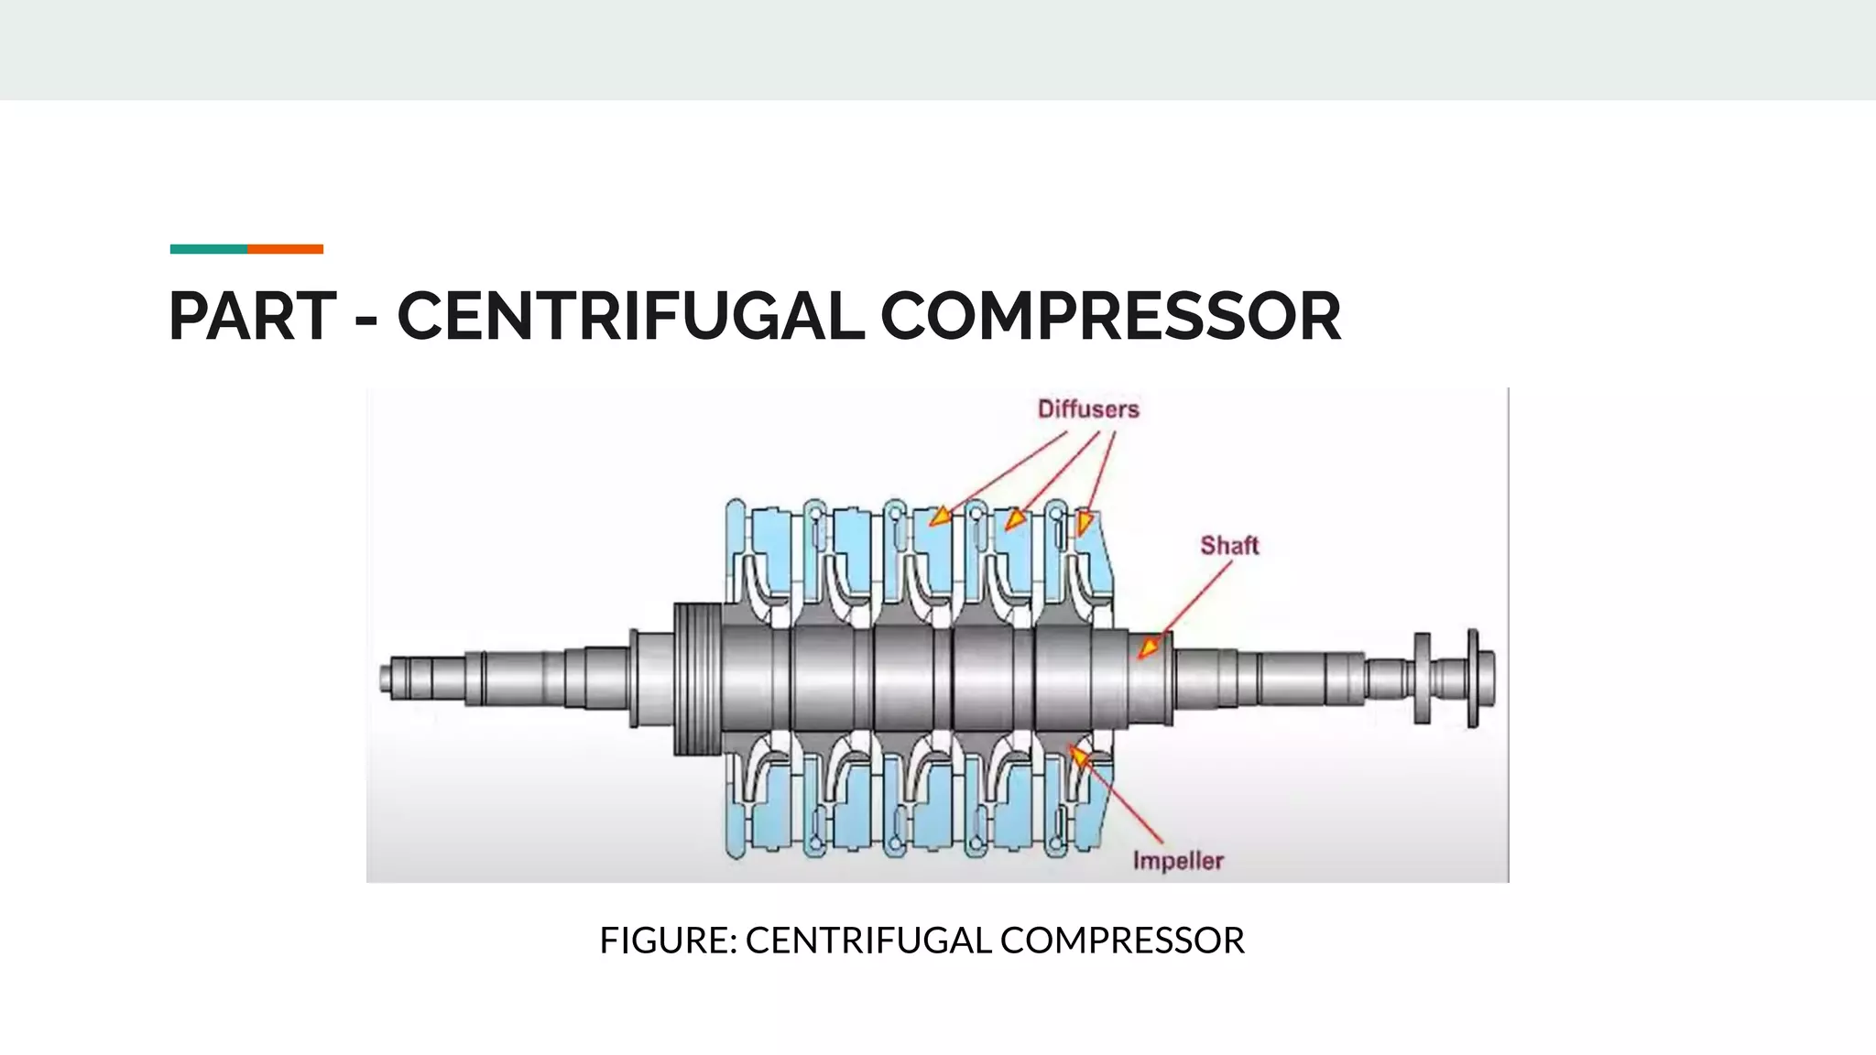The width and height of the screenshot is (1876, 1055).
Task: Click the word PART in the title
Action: click(253, 317)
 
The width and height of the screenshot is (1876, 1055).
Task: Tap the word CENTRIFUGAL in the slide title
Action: click(630, 317)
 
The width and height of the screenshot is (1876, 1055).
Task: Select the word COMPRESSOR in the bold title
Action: click(1110, 317)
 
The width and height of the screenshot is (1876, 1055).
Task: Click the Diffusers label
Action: click(1088, 409)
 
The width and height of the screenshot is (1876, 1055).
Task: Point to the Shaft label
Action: click(1229, 546)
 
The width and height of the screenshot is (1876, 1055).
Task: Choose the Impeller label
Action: click(1178, 861)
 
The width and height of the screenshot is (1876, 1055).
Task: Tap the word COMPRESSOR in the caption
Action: click(1122, 941)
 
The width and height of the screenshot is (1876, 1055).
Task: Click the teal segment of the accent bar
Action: click(208, 249)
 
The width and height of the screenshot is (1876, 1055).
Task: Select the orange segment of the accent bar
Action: click(285, 249)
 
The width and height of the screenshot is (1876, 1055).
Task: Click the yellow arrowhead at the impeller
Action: click(1080, 756)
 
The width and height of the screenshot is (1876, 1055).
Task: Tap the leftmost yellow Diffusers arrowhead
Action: click(940, 517)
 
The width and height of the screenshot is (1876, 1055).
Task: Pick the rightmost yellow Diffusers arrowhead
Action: click(1085, 523)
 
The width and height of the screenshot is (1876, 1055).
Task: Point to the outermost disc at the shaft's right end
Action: click(1473, 679)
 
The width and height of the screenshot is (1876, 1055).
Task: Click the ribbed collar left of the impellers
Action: click(697, 679)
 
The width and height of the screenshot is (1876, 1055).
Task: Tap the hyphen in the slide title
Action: click(365, 321)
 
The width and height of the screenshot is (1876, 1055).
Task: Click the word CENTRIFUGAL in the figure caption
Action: click(867, 941)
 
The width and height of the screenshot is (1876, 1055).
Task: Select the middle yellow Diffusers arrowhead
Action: click(1013, 520)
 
